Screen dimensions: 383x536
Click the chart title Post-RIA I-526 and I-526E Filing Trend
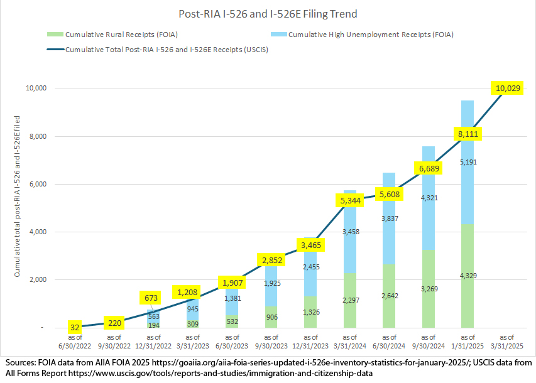tap(268, 13)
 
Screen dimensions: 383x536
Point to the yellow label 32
tap(75, 326)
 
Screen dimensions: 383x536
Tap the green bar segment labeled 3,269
tap(428, 289)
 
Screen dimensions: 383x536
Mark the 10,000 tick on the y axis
tap(37, 89)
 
